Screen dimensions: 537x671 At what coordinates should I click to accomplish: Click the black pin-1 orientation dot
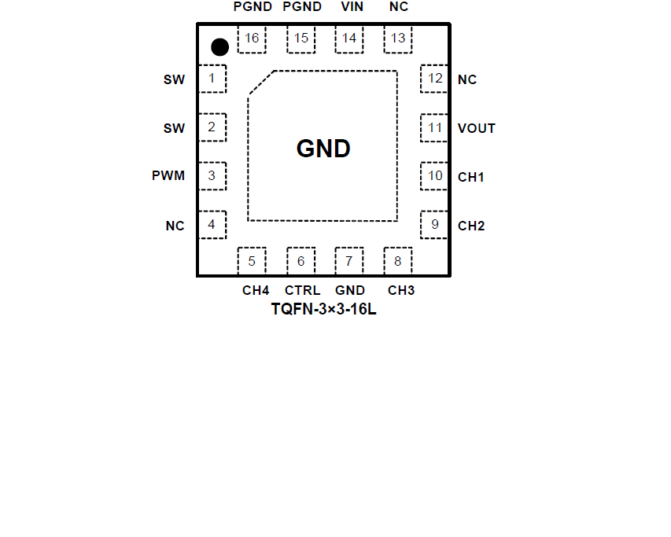[220, 47]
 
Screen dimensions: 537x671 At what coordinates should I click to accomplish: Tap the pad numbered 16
[252, 39]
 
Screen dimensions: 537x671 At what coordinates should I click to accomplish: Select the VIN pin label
[351, 7]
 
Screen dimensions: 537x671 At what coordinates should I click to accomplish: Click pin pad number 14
[349, 39]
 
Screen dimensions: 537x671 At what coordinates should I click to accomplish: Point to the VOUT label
[477, 128]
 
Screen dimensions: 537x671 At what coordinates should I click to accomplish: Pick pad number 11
[435, 127]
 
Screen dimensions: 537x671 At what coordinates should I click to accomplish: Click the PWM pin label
[168, 175]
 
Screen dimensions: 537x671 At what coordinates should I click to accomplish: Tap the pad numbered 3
[212, 176]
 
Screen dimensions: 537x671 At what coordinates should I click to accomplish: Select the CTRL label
[302, 290]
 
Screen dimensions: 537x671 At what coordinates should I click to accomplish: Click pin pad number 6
[300, 261]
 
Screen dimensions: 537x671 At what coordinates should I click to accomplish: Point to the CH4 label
[256, 290]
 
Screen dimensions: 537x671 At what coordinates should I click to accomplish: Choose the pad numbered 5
[252, 261]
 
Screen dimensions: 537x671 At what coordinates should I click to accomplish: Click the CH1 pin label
[471, 177]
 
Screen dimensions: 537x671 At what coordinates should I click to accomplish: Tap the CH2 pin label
[471, 226]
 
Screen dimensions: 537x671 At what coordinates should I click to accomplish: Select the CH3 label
[401, 290]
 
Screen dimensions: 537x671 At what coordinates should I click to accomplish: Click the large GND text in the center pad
[323, 149]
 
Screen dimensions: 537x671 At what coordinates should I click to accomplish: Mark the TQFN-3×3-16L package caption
[324, 309]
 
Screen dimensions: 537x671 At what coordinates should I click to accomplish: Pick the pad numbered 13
[398, 39]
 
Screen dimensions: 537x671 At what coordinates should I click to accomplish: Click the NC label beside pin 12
[467, 79]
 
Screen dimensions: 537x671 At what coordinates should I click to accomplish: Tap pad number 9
[435, 225]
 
